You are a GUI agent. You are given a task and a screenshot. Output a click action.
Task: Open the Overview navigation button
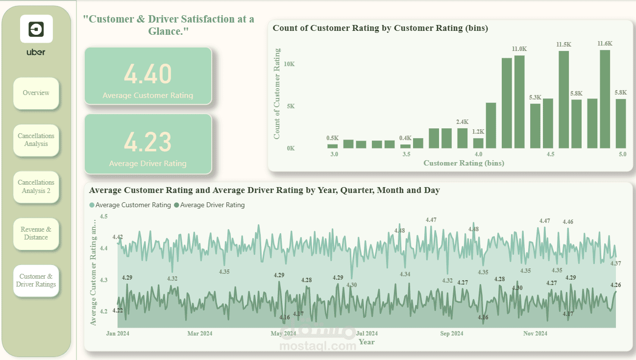tap(36, 93)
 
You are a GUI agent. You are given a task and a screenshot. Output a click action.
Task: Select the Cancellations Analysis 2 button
tap(36, 187)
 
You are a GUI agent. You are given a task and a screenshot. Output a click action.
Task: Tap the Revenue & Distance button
tap(36, 233)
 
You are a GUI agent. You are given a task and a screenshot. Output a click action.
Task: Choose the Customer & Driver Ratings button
tap(36, 281)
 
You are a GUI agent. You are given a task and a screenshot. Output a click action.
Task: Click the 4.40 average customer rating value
tap(148, 74)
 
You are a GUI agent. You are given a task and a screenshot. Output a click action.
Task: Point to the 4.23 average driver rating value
tap(148, 142)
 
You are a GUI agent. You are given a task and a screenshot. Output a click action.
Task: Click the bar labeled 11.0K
tap(519, 102)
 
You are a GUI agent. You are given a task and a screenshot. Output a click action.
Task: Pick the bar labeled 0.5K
tap(333, 146)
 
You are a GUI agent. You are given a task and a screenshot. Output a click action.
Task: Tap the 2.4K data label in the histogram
tap(462, 122)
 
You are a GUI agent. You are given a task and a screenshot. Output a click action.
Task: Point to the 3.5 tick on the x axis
tap(406, 154)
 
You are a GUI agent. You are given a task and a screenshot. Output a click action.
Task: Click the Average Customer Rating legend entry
tap(130, 205)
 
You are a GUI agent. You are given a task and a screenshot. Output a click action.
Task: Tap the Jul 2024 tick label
tap(367, 334)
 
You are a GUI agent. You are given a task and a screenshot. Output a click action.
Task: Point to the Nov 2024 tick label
tap(535, 334)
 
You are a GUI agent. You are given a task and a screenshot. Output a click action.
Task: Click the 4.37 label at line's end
tap(616, 264)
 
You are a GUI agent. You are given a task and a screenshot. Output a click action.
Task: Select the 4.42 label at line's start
tap(118, 237)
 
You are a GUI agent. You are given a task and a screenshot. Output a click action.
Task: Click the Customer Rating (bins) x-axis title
tap(464, 163)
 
